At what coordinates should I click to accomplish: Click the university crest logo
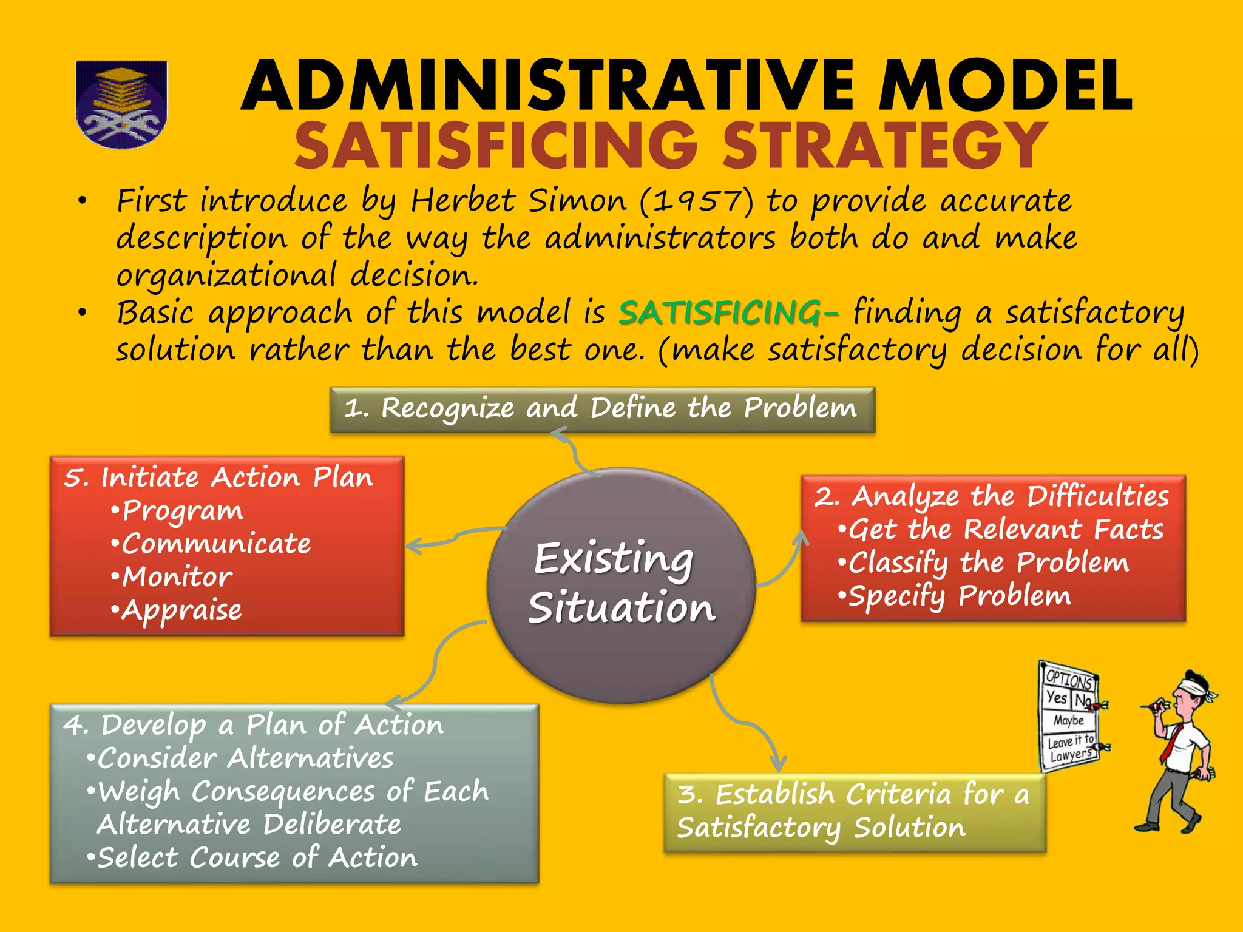point(121,104)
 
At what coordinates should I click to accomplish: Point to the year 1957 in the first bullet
point(697,201)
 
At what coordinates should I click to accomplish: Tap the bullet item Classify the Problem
point(988,563)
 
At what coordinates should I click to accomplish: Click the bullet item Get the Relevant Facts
point(1005,530)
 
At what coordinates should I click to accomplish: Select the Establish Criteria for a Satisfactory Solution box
point(855,812)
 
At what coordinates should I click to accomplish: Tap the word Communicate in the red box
point(216,544)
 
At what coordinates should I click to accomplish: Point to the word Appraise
point(181,610)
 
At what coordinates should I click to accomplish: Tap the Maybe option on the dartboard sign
point(1068,721)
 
